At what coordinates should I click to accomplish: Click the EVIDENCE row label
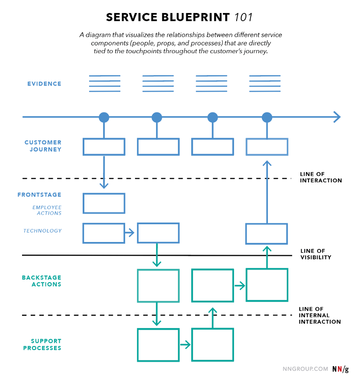coord(44,84)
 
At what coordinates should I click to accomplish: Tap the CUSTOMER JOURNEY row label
coord(43,146)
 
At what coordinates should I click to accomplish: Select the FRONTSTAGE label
coord(39,194)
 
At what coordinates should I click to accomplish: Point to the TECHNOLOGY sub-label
coord(42,231)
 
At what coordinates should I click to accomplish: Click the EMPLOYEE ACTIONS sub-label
coord(47,210)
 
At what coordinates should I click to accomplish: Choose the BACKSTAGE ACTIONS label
coord(42,281)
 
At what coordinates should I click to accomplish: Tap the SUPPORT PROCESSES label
coord(42,344)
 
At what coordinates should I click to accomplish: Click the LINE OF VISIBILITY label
coord(316,254)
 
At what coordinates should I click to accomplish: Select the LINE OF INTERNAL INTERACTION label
coord(320,315)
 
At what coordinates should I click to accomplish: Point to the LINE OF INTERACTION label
coord(321,177)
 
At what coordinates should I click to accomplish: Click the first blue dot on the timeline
coord(104,117)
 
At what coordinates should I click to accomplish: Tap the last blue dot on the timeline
coord(267,117)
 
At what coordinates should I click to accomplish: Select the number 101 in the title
coord(243,17)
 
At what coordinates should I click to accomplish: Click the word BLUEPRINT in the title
coord(196,17)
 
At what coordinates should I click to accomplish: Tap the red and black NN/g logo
coord(341,369)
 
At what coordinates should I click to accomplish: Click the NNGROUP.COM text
coord(305,369)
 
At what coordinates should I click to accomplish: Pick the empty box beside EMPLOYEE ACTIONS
coord(104,204)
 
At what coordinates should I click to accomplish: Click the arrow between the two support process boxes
coord(185,345)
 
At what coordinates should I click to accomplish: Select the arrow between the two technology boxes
coord(129,232)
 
